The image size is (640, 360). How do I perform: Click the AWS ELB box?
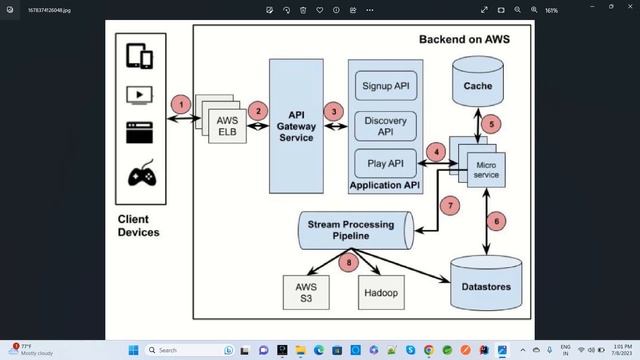coord(226,126)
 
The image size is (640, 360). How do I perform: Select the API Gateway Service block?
coord(295,125)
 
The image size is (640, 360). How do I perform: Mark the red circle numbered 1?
coord(180,104)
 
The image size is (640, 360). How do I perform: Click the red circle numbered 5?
coord(491,124)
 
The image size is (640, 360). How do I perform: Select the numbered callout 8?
coord(348,263)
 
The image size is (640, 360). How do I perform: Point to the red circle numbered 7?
coord(450,205)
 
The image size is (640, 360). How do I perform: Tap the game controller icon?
coord(139,176)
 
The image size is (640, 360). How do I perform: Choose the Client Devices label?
coord(139,225)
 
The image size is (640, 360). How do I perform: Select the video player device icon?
coord(139,95)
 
